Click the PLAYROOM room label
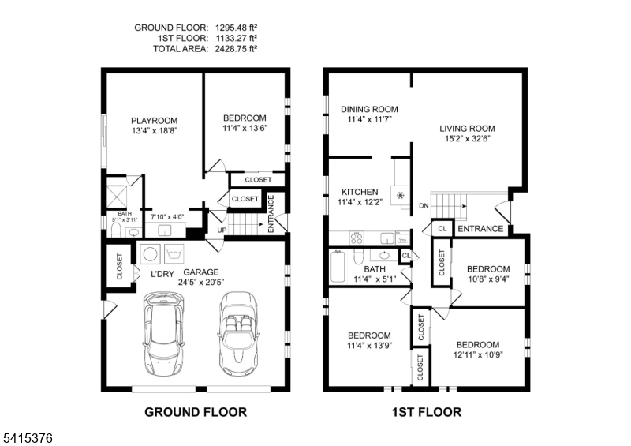(x=154, y=121)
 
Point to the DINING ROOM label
(x=369, y=109)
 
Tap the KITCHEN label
(x=360, y=192)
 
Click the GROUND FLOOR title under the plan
(x=195, y=412)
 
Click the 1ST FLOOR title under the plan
(x=426, y=412)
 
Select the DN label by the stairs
(x=424, y=207)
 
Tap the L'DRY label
(x=162, y=274)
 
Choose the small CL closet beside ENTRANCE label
(x=442, y=229)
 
